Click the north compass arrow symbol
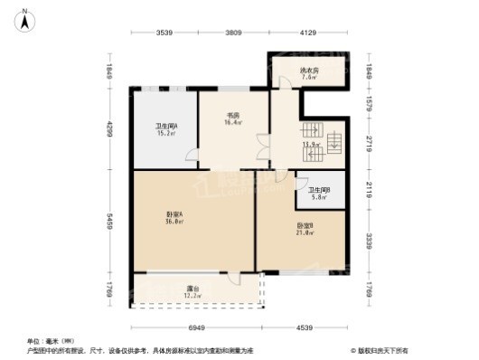(x=26, y=14)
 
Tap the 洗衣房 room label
(x=310, y=70)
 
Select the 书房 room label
(x=232, y=116)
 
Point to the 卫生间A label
(x=166, y=127)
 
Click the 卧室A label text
(x=174, y=213)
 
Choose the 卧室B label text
(x=305, y=225)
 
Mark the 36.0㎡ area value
(x=174, y=222)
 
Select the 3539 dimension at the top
(x=164, y=33)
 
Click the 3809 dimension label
(x=233, y=33)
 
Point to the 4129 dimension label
(x=309, y=33)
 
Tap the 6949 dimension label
(x=194, y=327)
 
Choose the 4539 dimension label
(x=303, y=327)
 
